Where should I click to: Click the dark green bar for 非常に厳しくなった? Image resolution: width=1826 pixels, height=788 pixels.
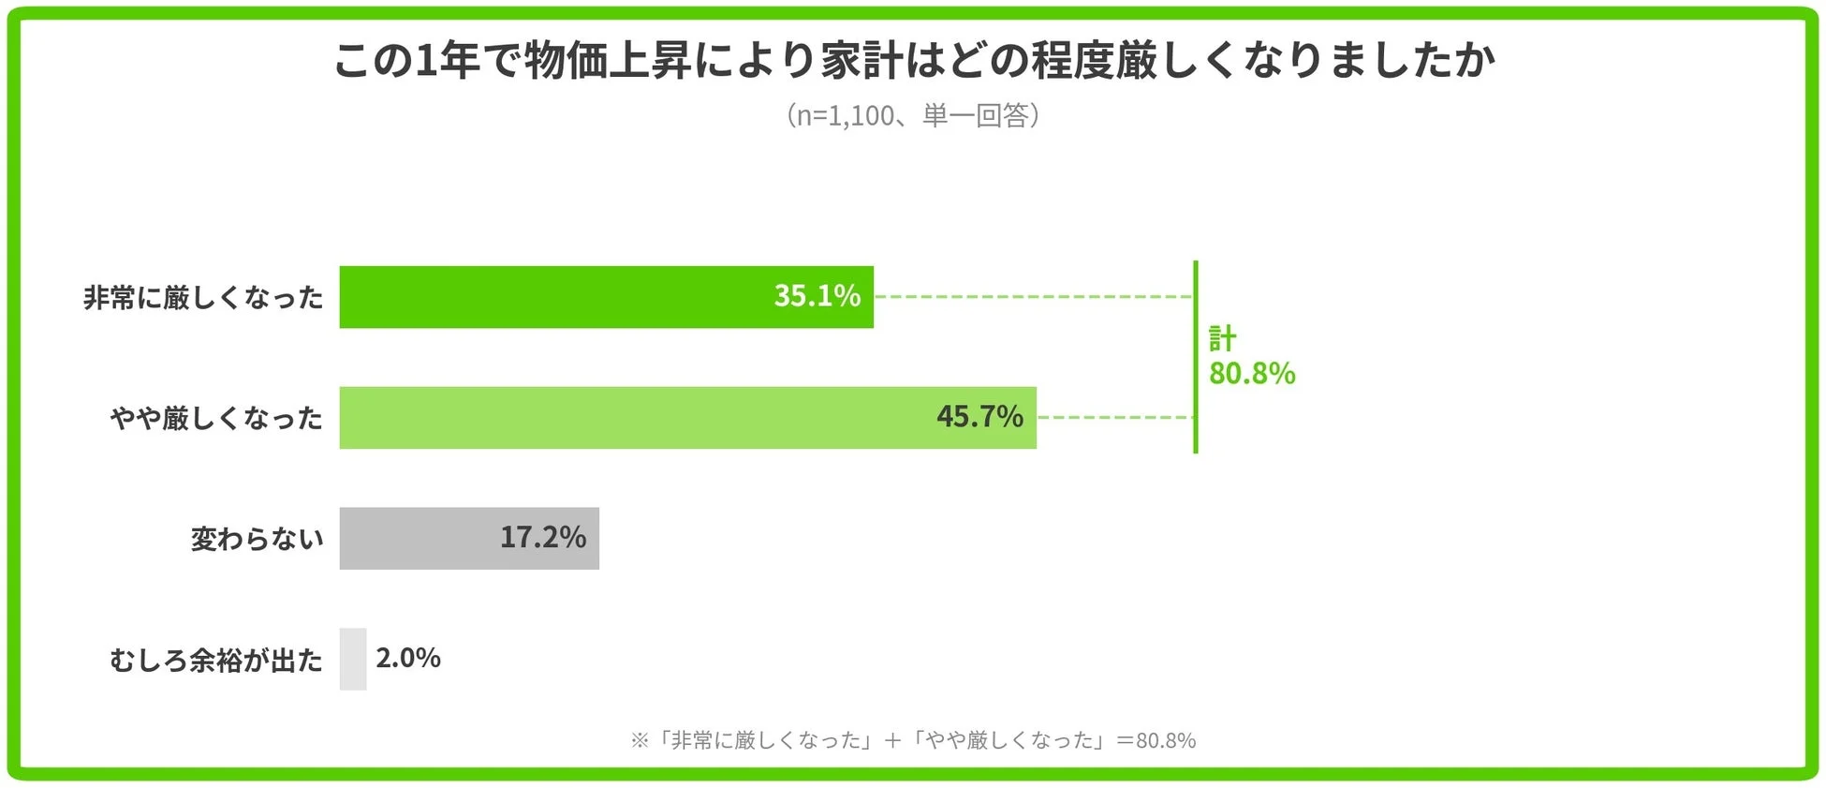coord(562,297)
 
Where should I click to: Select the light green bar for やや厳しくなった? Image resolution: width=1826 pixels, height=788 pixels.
coord(637,418)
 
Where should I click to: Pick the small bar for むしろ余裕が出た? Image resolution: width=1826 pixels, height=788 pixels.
coord(353,660)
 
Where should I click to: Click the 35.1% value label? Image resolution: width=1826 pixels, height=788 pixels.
coord(817,296)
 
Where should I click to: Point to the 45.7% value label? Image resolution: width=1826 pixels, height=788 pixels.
coord(979,417)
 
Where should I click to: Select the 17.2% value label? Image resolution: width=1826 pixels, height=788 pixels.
coord(542,538)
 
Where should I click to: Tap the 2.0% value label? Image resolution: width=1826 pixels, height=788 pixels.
coord(408,659)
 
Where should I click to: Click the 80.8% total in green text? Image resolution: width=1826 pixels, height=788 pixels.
coord(1252,374)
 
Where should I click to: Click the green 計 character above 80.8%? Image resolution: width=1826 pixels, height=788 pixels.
coord(1223,337)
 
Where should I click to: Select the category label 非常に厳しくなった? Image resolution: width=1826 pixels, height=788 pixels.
coord(203,298)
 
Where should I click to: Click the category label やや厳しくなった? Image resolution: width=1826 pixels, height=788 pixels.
coord(216,419)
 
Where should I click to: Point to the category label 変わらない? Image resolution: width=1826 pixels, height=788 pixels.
coord(258,540)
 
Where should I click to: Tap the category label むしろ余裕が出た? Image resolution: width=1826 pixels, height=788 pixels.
coord(216,661)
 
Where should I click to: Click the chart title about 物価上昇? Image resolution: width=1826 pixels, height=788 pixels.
coord(913,60)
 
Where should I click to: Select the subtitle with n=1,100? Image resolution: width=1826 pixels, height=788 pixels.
coord(913,115)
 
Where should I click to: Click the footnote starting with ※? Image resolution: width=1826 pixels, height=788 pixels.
coord(913,741)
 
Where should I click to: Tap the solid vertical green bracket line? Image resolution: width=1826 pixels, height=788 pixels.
coord(1196,357)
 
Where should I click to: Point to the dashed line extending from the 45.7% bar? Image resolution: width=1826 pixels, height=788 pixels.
coord(1114,418)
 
